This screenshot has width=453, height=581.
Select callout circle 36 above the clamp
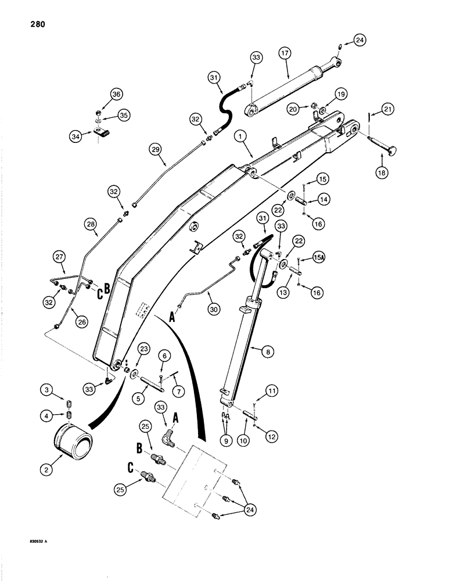117,94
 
